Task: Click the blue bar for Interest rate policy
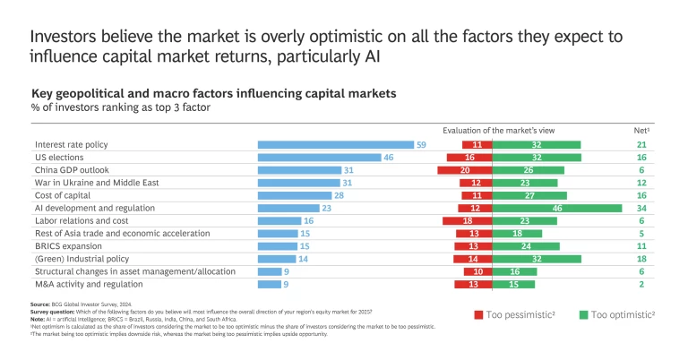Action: tap(336, 144)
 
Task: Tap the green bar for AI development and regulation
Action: tap(555, 208)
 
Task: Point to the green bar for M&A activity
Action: tap(513, 284)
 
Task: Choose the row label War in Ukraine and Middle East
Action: tap(97, 183)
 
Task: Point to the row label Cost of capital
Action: tap(65, 195)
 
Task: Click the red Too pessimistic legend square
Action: tap(479, 314)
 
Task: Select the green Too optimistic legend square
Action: tap(584, 314)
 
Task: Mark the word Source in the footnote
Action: tap(41, 304)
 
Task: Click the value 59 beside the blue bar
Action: tap(421, 144)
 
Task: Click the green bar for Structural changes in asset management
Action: tap(515, 271)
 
